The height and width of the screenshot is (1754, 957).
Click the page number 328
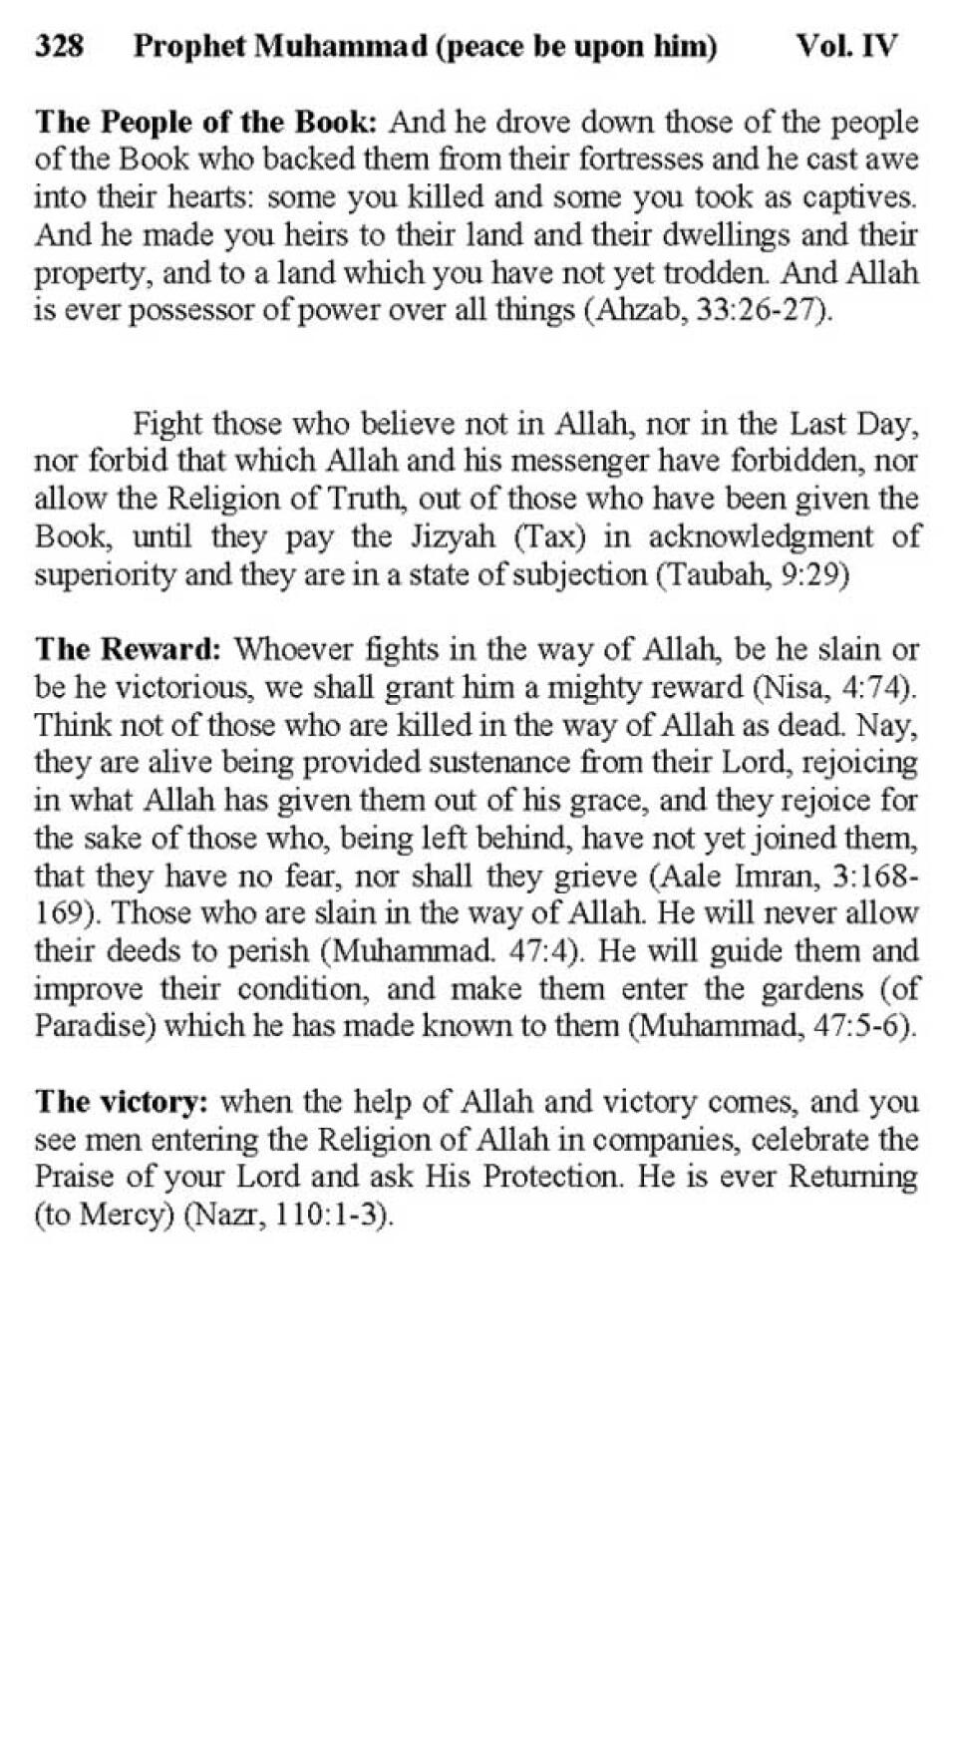pyautogui.click(x=59, y=46)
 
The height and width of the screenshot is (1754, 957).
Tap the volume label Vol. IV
pyautogui.click(x=846, y=46)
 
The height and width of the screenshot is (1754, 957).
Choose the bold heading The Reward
pyautogui.click(x=128, y=650)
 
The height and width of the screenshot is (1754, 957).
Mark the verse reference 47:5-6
pyautogui.click(x=860, y=1026)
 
